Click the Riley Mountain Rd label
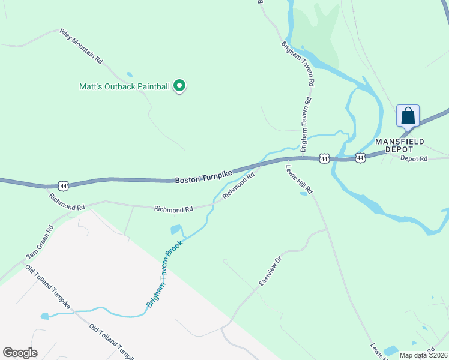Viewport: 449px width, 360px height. (x=82, y=46)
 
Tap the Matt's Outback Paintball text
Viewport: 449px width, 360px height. (x=125, y=86)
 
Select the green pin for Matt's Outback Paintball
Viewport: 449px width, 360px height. (x=179, y=86)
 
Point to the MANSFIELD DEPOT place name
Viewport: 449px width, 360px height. (x=400, y=145)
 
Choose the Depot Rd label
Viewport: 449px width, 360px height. (x=414, y=159)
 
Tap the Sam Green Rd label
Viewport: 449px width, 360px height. (x=40, y=243)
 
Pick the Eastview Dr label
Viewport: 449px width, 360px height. (x=270, y=272)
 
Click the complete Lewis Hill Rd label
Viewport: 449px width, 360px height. (x=300, y=179)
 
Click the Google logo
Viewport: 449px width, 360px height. (x=20, y=353)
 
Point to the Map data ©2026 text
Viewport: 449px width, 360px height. (x=423, y=355)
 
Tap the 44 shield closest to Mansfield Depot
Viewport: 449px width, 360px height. (x=360, y=158)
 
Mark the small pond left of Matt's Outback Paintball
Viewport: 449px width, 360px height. (x=130, y=76)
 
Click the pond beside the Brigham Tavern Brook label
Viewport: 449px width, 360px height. (x=176, y=229)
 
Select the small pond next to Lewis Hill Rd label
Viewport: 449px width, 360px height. (x=303, y=193)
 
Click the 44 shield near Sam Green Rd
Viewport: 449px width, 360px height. (x=64, y=185)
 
